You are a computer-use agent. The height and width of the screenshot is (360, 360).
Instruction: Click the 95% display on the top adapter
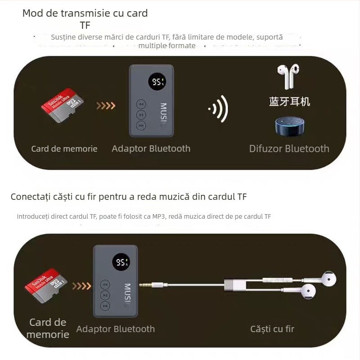(158, 82)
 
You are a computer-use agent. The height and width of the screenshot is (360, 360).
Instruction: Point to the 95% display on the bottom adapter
(122, 262)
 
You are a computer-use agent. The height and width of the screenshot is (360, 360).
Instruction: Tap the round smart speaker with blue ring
(289, 126)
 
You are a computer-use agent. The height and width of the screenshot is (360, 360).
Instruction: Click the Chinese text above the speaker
(289, 101)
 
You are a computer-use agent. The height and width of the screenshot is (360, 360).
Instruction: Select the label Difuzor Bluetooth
(289, 148)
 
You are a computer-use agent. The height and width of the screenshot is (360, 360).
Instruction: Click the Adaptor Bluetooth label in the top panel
(151, 148)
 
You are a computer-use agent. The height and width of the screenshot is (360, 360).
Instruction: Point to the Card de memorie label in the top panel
(64, 148)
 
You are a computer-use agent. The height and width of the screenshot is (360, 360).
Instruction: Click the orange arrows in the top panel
(106, 106)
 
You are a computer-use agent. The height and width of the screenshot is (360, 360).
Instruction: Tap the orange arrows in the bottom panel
(81, 286)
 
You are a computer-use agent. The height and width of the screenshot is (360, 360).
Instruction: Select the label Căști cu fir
(272, 329)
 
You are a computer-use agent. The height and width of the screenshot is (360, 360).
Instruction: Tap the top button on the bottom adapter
(105, 284)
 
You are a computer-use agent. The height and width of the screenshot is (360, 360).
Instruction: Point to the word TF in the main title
(85, 25)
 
